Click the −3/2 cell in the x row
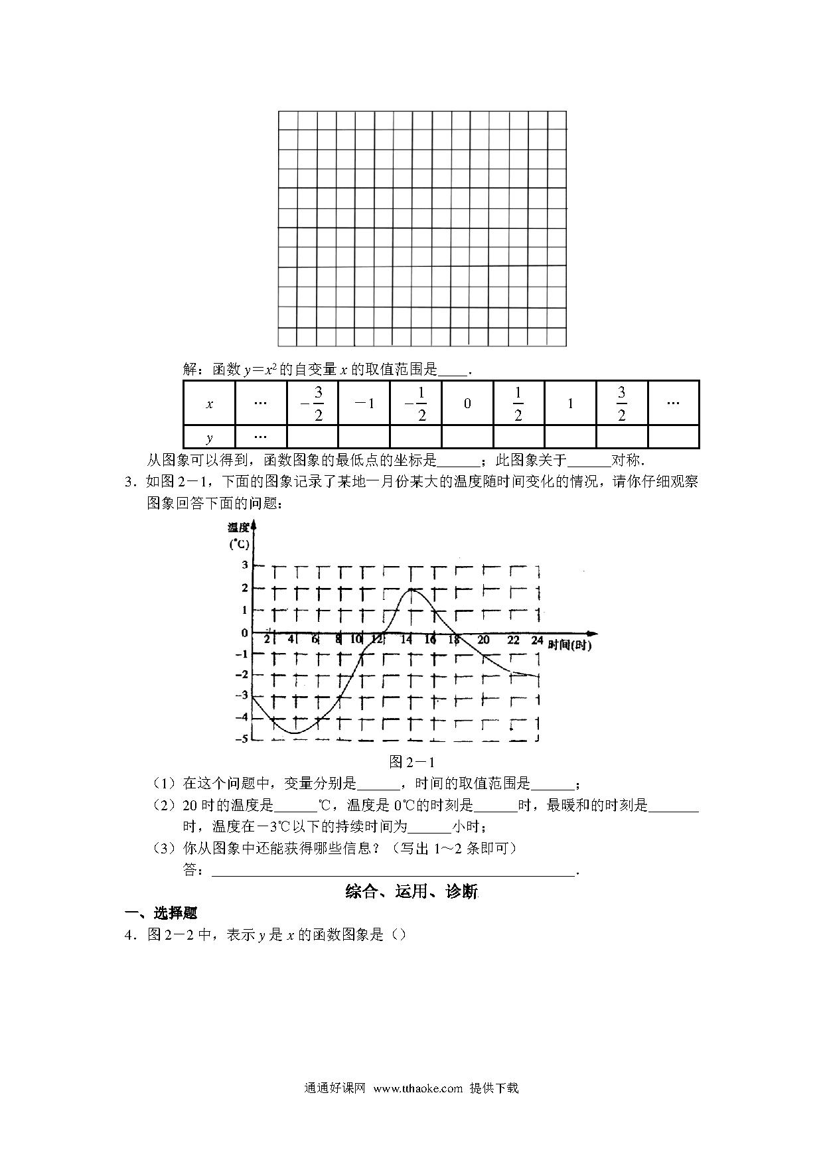click(312, 403)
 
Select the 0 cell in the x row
click(467, 403)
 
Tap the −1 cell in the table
click(364, 403)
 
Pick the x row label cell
click(209, 403)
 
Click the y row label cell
click(209, 437)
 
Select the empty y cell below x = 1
click(570, 437)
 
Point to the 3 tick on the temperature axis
click(244, 565)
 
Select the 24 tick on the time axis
click(537, 640)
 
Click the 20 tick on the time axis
click(483, 640)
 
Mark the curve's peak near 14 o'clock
click(411, 589)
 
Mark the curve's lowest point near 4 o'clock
click(295, 733)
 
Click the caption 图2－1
click(411, 762)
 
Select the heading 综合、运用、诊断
click(411, 892)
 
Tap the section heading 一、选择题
click(162, 913)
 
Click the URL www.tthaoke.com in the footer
click(417, 1088)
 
